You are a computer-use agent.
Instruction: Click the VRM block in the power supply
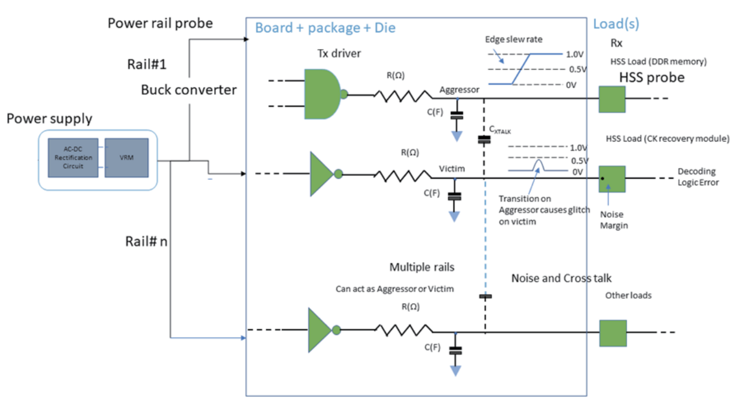coord(126,158)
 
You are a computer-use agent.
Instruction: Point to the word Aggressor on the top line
coord(459,89)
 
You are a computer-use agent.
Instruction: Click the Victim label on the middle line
coord(451,169)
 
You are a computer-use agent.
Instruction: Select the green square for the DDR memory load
coord(612,99)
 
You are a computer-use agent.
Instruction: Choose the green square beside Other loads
coord(613,333)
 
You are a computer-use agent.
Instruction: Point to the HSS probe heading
coord(652,78)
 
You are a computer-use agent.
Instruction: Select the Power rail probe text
coord(160,23)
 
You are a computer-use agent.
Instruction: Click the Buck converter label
coord(189,90)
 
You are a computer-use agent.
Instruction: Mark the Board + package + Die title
coord(325,28)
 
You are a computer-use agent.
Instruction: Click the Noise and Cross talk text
coord(561,278)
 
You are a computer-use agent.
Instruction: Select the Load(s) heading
coord(616,24)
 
